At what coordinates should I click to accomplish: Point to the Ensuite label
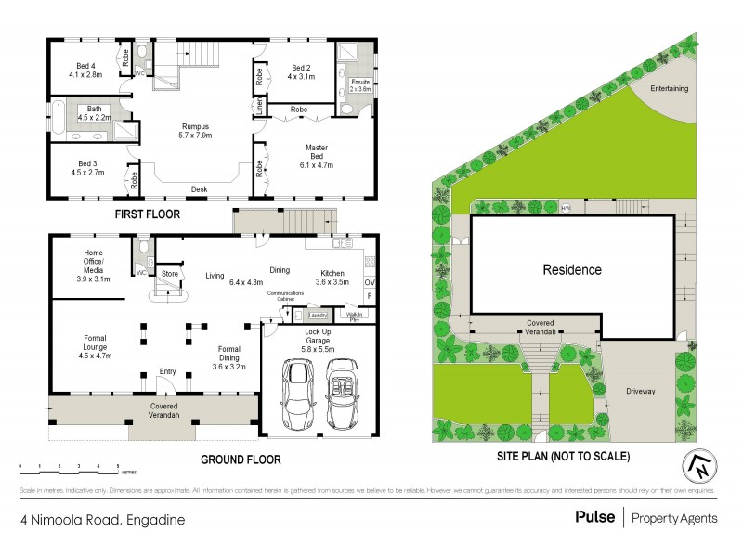(x=360, y=86)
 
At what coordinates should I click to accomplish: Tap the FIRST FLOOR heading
(x=148, y=214)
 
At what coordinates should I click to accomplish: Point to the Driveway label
(x=641, y=391)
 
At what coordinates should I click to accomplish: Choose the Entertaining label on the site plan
(x=669, y=89)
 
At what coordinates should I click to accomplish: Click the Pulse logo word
(x=594, y=517)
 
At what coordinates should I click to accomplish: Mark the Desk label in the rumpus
(x=199, y=189)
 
